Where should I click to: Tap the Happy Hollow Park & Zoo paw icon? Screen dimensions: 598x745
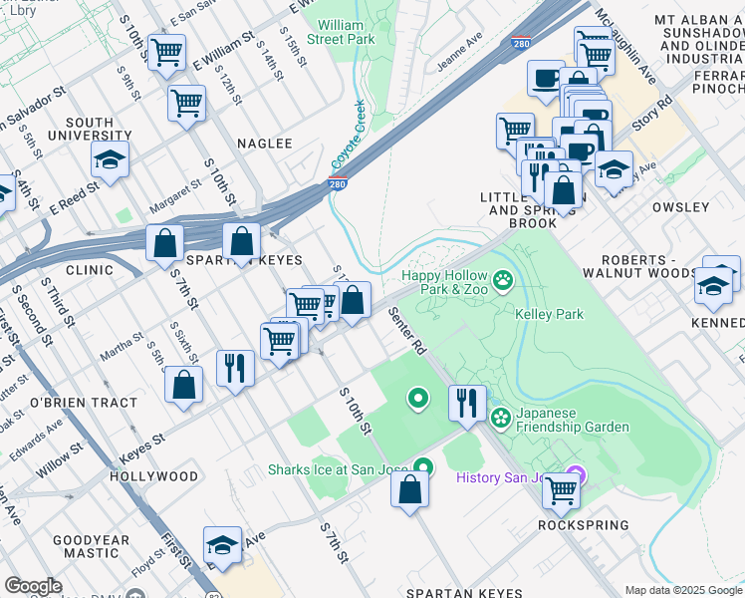pos(504,279)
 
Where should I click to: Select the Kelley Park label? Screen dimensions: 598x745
pos(549,314)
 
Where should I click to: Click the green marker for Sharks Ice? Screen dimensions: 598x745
pos(424,466)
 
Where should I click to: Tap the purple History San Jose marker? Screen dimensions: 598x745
pos(575,476)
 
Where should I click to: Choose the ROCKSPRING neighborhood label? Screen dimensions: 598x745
pos(584,525)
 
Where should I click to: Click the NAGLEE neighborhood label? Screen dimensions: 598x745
pos(265,144)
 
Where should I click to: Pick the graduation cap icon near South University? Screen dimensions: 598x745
pos(111,159)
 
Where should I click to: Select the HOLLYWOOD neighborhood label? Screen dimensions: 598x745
pos(154,476)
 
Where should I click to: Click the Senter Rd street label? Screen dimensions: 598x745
pos(406,332)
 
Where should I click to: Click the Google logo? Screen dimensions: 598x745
pos(33,586)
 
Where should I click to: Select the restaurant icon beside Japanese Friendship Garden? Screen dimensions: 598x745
pos(467,402)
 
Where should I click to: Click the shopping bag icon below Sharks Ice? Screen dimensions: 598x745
pos(409,489)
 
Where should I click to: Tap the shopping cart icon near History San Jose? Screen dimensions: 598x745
pos(562,490)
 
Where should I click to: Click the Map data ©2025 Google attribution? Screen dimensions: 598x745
pos(683,590)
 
